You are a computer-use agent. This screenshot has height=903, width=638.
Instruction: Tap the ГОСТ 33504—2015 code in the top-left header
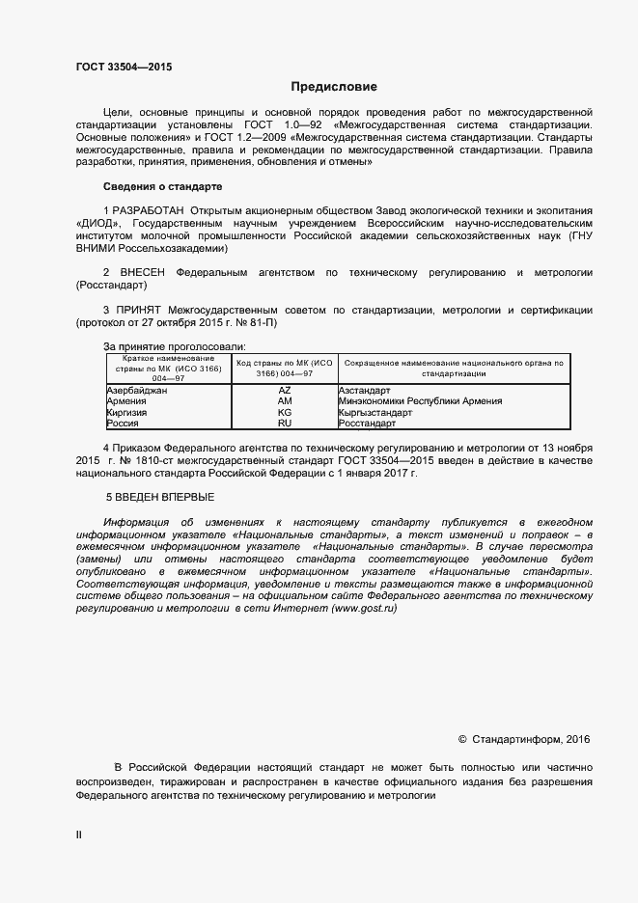coord(125,68)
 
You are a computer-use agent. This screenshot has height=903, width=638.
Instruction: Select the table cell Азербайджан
coord(136,390)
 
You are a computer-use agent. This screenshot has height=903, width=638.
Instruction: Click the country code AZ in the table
coord(284,390)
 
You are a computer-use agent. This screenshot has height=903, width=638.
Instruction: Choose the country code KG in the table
coord(284,412)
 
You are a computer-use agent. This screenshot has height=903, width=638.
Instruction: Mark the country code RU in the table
coord(284,424)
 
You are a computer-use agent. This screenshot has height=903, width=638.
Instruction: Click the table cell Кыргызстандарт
coord(375,412)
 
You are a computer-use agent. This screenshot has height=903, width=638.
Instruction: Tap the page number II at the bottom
coord(79,835)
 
